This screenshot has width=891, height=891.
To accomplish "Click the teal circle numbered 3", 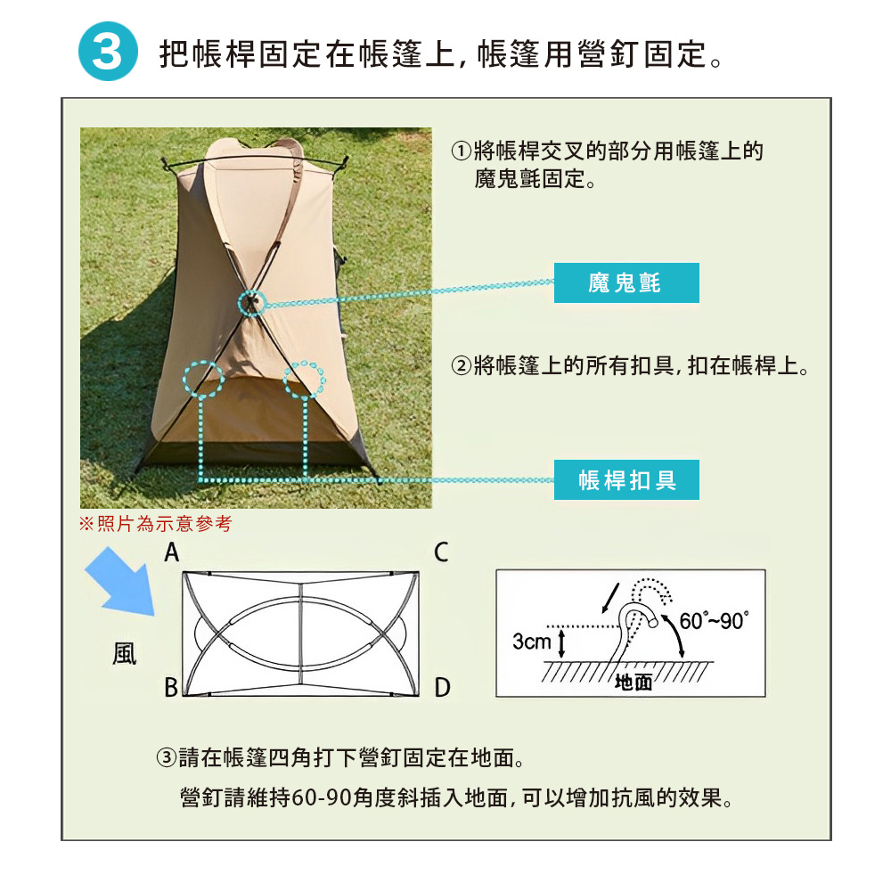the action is click(x=108, y=51).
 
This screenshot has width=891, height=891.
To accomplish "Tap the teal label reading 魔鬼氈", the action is click(x=626, y=282).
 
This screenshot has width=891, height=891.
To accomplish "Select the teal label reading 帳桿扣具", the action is click(x=626, y=479).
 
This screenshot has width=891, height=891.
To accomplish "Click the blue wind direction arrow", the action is click(x=120, y=581).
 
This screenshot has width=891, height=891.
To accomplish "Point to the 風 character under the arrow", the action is click(x=125, y=653).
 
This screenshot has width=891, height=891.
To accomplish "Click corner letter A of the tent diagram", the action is click(x=172, y=552).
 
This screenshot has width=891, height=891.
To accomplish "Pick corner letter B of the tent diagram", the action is click(x=171, y=688).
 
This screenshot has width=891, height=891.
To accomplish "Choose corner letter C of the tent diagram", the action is click(x=442, y=552).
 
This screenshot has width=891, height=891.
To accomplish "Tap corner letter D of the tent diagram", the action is click(x=442, y=688).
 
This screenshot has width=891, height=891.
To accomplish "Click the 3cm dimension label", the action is click(x=532, y=642).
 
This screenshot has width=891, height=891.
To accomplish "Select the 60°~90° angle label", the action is click(x=715, y=621).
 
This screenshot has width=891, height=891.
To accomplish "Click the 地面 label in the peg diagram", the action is click(x=634, y=682).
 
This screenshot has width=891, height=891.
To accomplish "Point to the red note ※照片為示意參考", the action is click(x=156, y=523).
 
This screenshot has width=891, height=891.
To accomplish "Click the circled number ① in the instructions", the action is click(x=462, y=151).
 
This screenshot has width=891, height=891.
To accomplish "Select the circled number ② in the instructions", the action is click(x=462, y=366).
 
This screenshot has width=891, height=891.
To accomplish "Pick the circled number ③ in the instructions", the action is click(x=167, y=758).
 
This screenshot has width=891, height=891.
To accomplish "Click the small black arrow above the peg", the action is click(x=610, y=599).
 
